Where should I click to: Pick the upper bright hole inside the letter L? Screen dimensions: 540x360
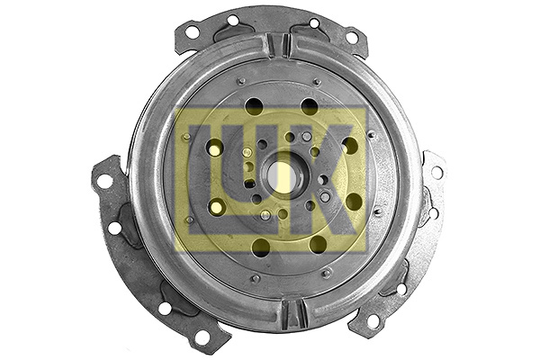tap(215, 148)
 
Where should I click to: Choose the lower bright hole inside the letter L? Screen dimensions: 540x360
tap(216, 207)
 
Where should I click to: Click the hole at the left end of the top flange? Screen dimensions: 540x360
tap(192, 32)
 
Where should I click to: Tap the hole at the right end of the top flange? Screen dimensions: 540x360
tap(352, 38)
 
